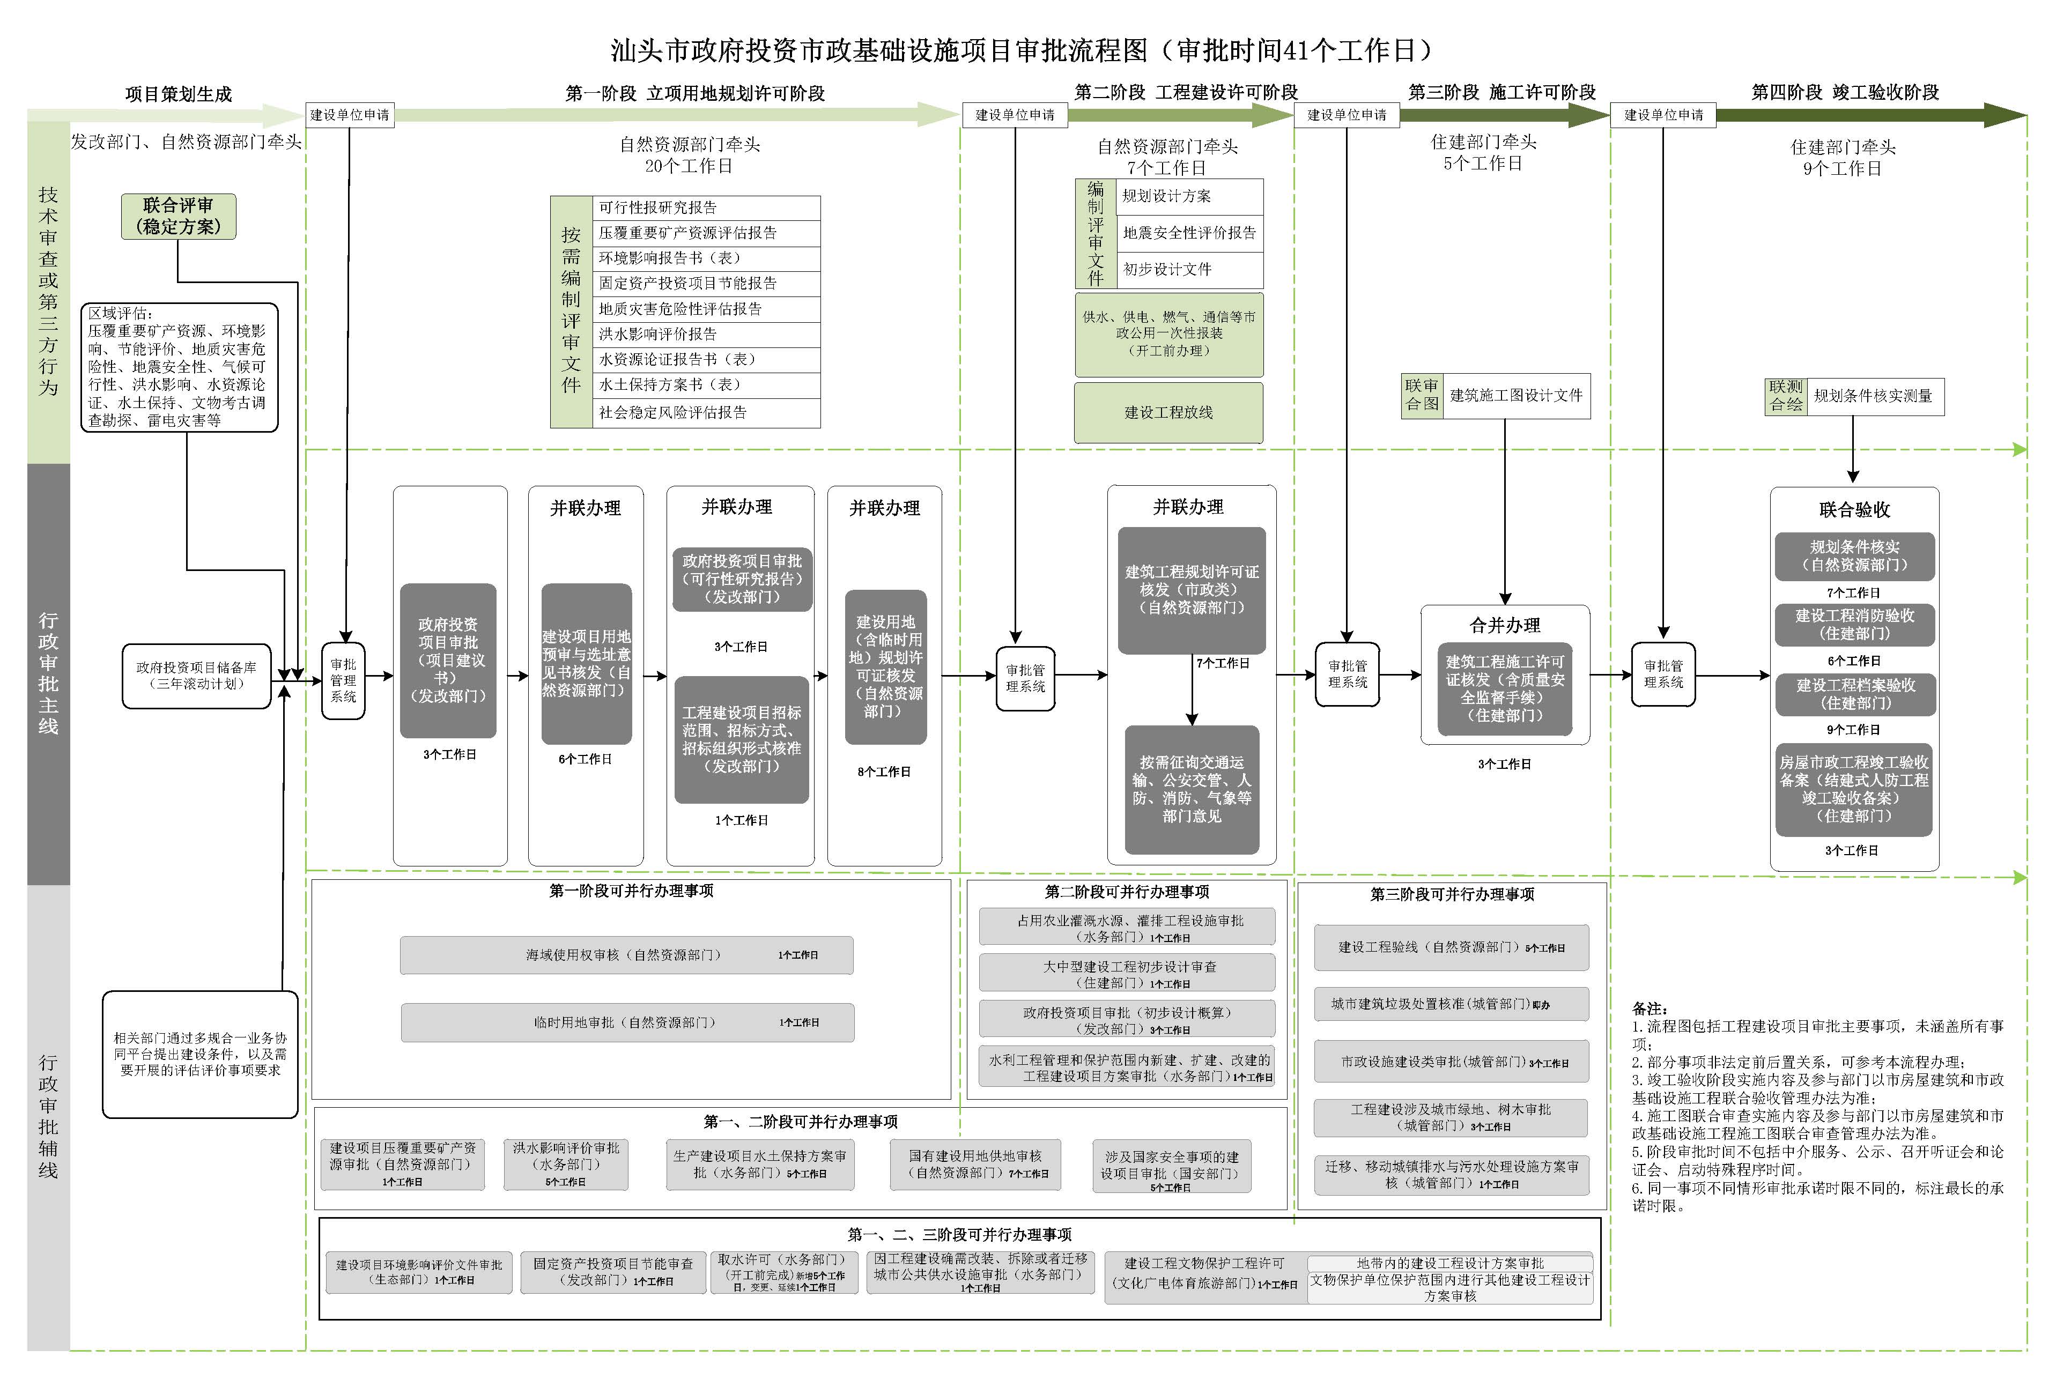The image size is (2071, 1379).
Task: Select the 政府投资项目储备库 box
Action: point(196,676)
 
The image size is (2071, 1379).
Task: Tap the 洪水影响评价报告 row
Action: point(706,334)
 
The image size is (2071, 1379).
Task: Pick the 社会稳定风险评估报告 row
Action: point(706,412)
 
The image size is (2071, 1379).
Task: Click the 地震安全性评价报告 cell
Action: point(1189,233)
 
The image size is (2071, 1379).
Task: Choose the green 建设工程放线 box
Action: point(1168,412)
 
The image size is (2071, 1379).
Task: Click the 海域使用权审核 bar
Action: point(626,955)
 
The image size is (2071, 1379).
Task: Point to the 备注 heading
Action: point(1649,1009)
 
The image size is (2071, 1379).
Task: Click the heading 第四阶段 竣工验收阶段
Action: point(1844,92)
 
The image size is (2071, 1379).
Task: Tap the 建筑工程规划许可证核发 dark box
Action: point(1192,589)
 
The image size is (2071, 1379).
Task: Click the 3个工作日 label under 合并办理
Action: point(1504,764)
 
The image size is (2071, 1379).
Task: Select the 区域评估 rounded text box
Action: point(180,367)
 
